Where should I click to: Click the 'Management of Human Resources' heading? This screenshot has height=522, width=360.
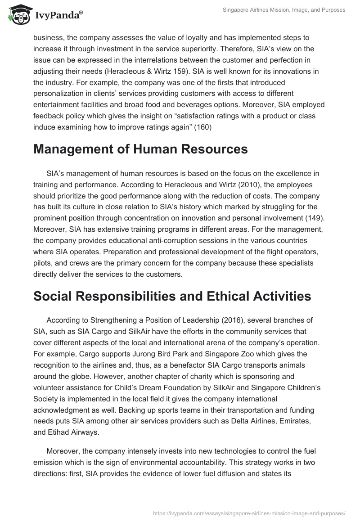140,149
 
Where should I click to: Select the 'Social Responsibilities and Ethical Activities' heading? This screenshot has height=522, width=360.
172,296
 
